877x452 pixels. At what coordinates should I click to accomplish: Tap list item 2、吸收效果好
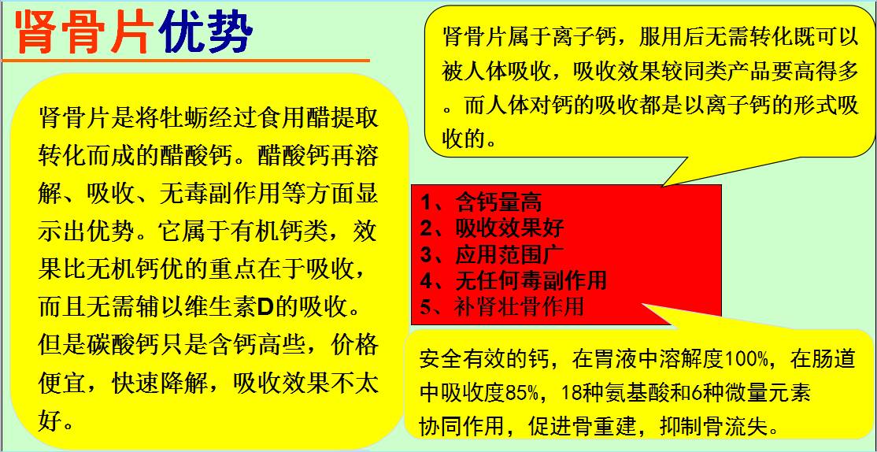[x=491, y=228]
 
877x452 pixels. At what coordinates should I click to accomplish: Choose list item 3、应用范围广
[x=491, y=254]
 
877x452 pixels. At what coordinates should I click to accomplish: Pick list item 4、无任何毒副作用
[x=513, y=280]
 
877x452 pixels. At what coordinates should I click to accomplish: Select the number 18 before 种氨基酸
[x=572, y=392]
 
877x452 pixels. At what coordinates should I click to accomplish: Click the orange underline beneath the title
[x=186, y=60]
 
